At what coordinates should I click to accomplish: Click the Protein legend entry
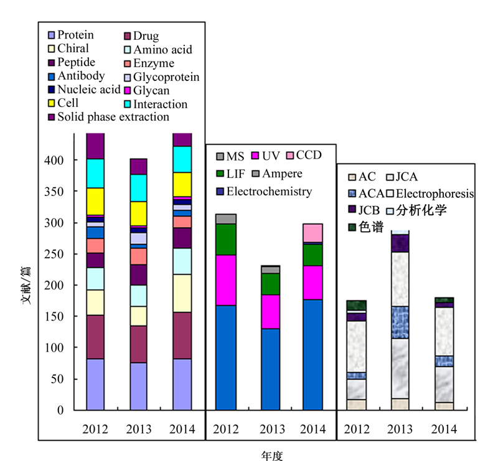[71, 35]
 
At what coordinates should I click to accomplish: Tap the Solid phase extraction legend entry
[108, 117]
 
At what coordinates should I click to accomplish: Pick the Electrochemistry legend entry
[264, 192]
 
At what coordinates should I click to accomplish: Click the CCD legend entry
[304, 156]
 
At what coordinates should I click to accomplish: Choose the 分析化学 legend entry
[416, 210]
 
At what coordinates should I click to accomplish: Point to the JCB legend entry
[364, 210]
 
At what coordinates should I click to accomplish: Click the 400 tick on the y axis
[54, 160]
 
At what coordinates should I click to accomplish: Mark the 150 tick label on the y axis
[54, 317]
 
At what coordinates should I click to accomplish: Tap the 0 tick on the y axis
[60, 410]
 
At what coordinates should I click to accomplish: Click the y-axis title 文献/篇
[27, 286]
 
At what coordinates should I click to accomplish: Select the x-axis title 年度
[272, 455]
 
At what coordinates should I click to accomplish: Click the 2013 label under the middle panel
[272, 429]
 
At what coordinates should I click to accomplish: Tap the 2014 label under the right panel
[444, 429]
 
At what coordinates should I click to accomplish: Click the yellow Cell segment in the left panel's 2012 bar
[95, 202]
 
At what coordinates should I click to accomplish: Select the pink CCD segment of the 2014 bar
[313, 233]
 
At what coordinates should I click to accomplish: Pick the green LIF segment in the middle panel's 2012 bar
[226, 240]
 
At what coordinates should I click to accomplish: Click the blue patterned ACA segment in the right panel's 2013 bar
[400, 322]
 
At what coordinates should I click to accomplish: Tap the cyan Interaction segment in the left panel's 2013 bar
[138, 188]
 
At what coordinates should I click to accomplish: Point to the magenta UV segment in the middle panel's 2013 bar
[271, 312]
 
